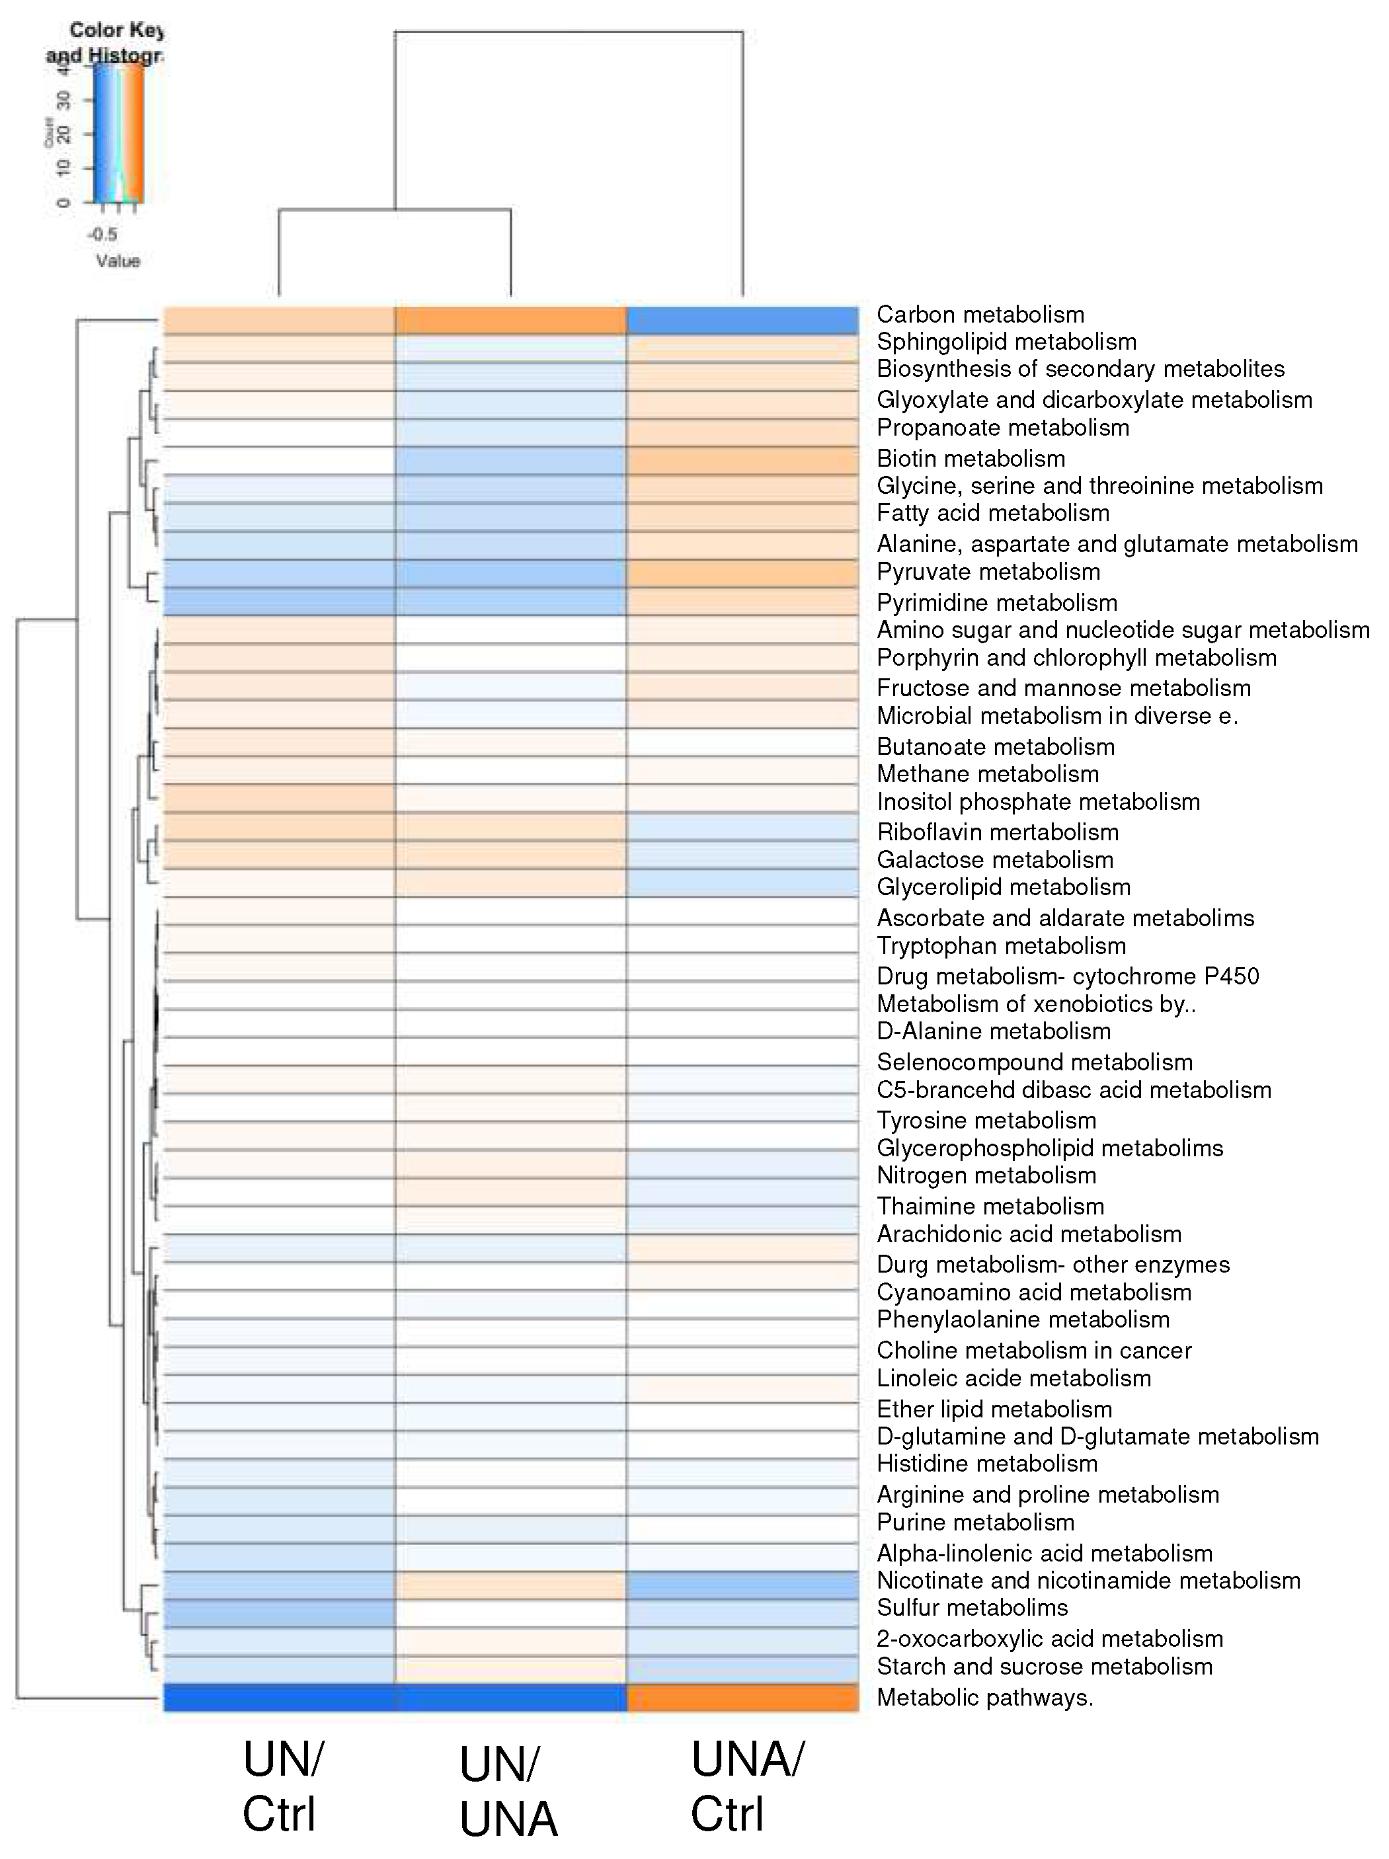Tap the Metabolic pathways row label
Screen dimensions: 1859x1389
pyautogui.click(x=984, y=1697)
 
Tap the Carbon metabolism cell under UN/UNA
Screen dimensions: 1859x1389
pyautogui.click(x=510, y=320)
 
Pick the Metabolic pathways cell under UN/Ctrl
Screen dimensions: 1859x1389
pyautogui.click(x=278, y=1697)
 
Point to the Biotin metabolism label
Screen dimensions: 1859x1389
pyautogui.click(x=971, y=458)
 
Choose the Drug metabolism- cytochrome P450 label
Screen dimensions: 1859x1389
pyautogui.click(x=1067, y=976)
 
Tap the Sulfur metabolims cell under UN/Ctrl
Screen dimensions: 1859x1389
pyautogui.click(x=278, y=1613)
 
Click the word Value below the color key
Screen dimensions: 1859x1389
pyautogui.click(x=118, y=260)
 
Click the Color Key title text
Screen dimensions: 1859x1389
pyautogui.click(x=116, y=30)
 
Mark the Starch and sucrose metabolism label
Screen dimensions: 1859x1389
pyautogui.click(x=1044, y=1666)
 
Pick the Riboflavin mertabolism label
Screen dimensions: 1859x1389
pyautogui.click(x=998, y=832)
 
